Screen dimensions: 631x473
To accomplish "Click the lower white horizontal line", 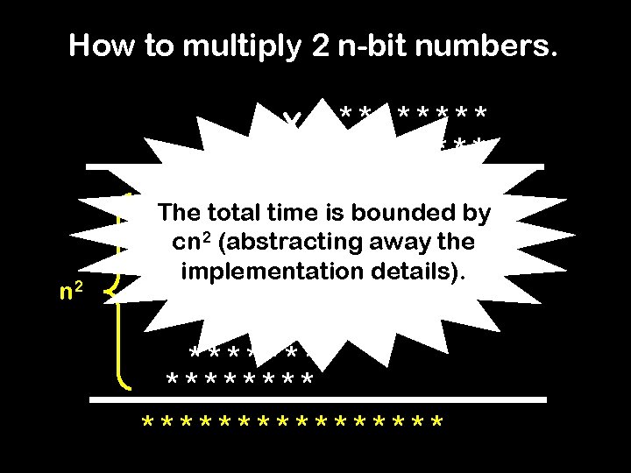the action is coord(321,399).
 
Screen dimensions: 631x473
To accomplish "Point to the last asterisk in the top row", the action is coord(481,115).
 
